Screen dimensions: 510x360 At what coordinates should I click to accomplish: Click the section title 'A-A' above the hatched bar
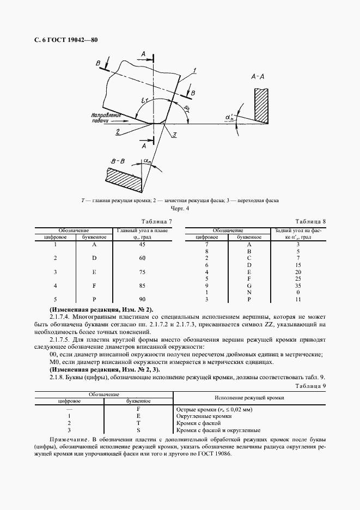258,77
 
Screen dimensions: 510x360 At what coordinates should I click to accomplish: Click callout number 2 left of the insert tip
118,131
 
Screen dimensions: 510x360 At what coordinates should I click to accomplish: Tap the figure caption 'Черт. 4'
180,209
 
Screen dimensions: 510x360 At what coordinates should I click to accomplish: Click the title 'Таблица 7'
156,222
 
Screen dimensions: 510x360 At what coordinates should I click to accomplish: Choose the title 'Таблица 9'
310,386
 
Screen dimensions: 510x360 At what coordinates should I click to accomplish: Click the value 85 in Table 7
142,285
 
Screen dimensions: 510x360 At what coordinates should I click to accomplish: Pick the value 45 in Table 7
142,244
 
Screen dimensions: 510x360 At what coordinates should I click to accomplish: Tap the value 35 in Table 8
298,285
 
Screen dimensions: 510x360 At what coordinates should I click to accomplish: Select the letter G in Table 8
249,285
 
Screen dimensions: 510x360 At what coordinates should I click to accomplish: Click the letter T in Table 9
138,422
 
